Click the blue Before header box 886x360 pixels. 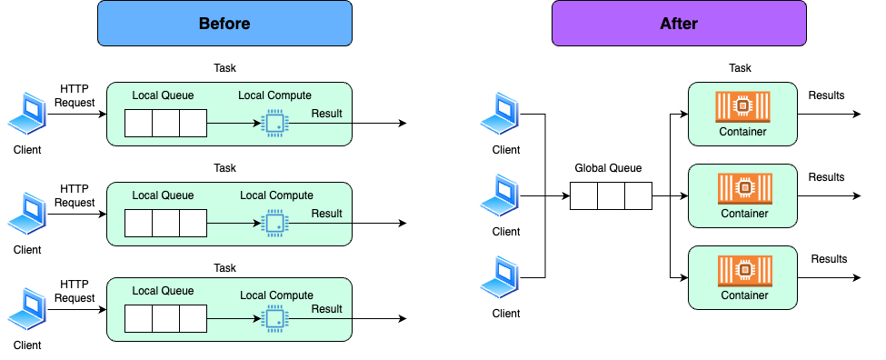click(x=224, y=24)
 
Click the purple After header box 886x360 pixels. click(x=679, y=24)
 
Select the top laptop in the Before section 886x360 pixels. click(x=27, y=114)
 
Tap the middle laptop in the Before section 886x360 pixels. click(x=27, y=214)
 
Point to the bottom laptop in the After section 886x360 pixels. click(x=500, y=276)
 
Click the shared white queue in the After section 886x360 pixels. click(x=611, y=195)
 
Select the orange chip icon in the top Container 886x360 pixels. click(x=742, y=106)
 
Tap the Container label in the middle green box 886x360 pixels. click(x=744, y=214)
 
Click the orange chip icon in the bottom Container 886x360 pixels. click(x=744, y=270)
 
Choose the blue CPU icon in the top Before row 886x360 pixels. click(x=273, y=123)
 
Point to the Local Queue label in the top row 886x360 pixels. click(x=163, y=95)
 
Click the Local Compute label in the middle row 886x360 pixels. click(x=276, y=195)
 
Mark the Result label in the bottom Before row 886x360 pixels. click(x=326, y=309)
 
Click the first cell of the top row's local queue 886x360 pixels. click(x=138, y=123)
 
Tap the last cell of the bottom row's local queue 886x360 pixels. click(x=193, y=318)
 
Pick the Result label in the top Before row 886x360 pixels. click(x=326, y=114)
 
